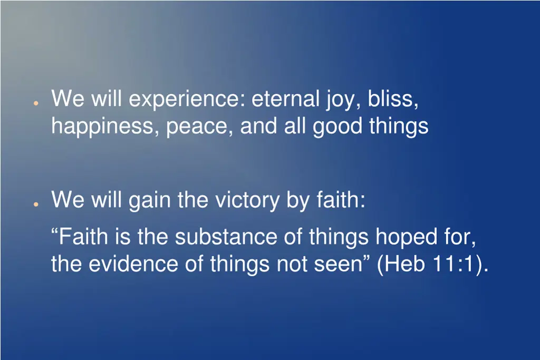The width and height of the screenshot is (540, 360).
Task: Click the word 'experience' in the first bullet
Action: point(187,100)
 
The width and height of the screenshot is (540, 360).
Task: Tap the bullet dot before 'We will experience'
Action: point(34,103)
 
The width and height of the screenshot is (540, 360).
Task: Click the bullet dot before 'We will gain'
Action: point(34,205)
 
